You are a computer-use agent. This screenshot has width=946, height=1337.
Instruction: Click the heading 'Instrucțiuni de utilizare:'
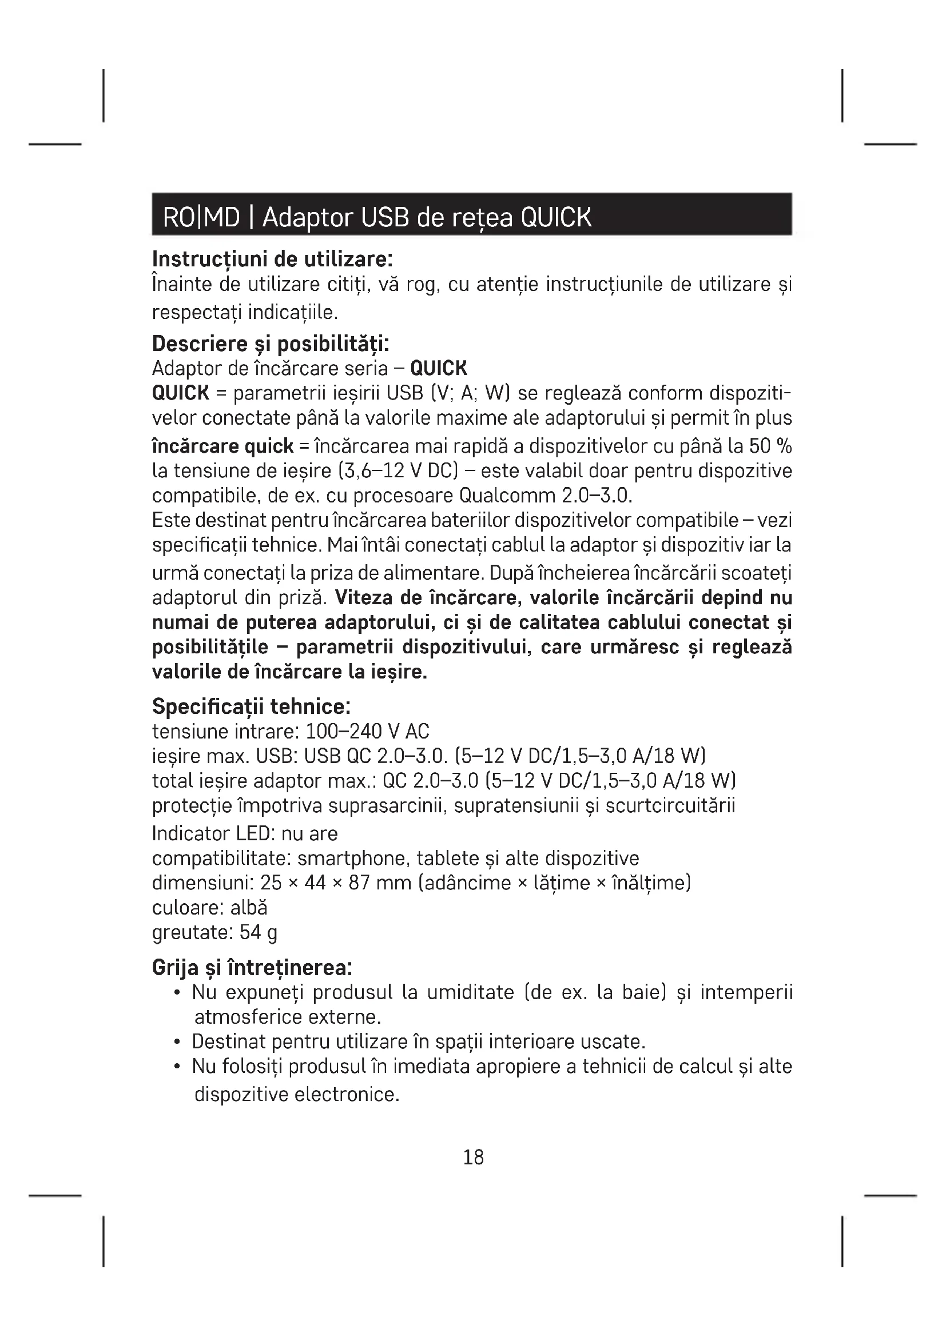272,258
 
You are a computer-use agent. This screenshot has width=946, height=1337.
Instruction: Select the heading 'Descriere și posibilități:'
271,344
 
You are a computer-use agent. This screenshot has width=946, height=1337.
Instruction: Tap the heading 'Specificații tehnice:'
251,707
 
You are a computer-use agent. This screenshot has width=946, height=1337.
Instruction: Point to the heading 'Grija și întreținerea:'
252,968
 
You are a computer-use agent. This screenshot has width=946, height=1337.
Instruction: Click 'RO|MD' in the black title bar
201,217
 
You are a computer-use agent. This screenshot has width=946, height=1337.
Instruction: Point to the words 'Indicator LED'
213,834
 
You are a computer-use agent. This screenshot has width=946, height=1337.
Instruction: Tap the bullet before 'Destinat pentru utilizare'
177,1042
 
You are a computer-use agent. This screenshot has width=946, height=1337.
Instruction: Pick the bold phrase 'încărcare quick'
222,446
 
